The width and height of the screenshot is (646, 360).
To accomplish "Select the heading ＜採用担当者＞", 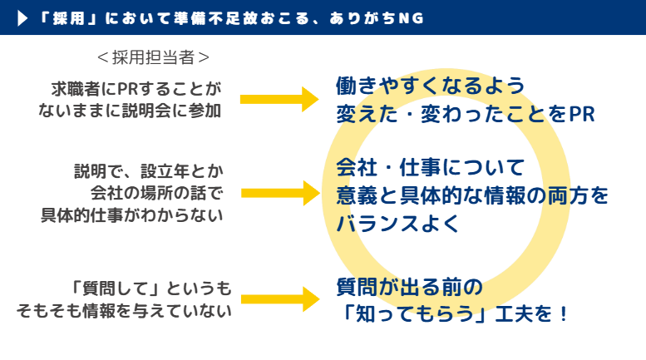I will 152,57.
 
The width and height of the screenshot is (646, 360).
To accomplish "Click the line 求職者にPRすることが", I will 136,88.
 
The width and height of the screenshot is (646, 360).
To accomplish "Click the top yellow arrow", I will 279,99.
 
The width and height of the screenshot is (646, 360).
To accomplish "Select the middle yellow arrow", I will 279,193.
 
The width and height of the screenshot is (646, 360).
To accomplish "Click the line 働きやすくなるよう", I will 431,86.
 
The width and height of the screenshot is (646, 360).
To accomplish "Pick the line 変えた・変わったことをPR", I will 466,114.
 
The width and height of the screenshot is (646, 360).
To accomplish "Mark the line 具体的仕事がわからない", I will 133,215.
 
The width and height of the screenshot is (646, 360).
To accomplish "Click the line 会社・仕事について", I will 431,169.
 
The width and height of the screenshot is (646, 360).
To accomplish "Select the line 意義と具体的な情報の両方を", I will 472,196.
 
